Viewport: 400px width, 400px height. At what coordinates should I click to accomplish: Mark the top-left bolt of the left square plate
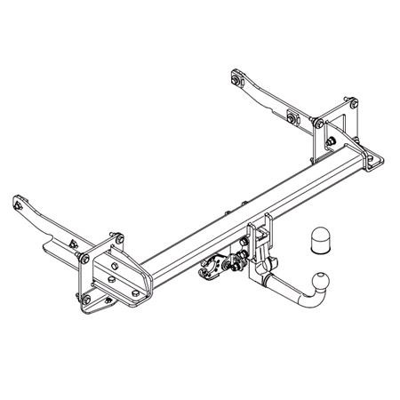pyautogui.click(x=83, y=259)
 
